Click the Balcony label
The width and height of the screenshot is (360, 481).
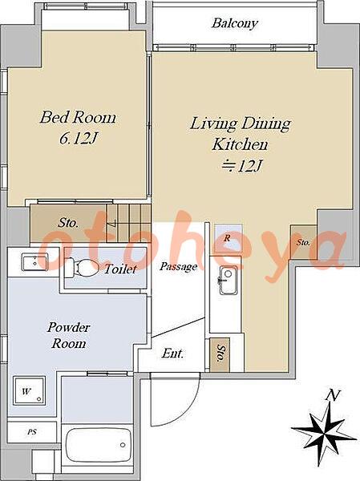point(234,23)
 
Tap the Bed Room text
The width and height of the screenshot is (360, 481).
point(78,118)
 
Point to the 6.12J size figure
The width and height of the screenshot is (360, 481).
point(78,139)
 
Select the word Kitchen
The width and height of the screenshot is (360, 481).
point(240,144)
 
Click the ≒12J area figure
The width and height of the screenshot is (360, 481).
point(242,166)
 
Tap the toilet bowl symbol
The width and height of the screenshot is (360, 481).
point(82,268)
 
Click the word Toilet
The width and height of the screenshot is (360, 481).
point(120,269)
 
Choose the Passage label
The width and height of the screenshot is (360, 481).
point(178,267)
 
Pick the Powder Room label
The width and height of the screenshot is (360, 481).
point(68,335)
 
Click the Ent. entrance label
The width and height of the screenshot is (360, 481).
point(172,354)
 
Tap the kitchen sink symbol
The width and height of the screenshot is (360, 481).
point(228,281)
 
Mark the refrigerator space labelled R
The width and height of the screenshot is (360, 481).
point(228,238)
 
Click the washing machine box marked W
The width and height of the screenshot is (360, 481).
point(29,391)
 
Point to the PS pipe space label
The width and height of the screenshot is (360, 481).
point(32,432)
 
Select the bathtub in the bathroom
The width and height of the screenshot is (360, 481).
point(98,444)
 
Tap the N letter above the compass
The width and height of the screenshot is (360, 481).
point(333,396)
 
